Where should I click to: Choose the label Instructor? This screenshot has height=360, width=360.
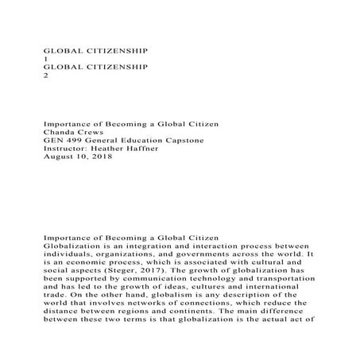[67, 149]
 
